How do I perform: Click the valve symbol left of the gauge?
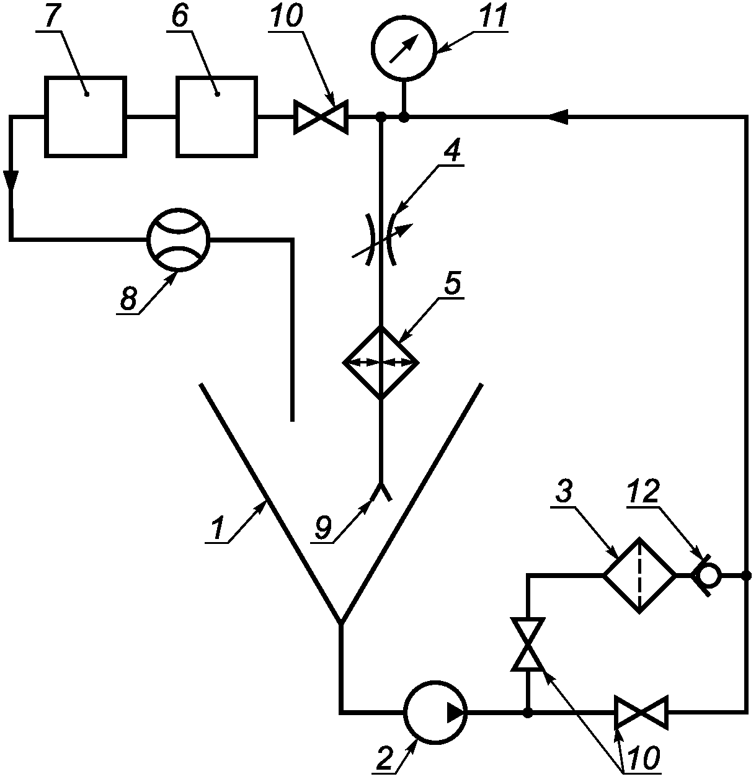(321, 117)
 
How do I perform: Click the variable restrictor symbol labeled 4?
(381, 239)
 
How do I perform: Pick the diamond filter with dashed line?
(639, 576)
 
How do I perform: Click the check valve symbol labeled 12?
(708, 576)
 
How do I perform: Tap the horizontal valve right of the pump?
(641, 712)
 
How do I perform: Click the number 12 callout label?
(643, 492)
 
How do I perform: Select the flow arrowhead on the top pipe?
(557, 117)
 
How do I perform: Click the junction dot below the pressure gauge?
(404, 117)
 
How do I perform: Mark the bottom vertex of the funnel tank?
(340, 623)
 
